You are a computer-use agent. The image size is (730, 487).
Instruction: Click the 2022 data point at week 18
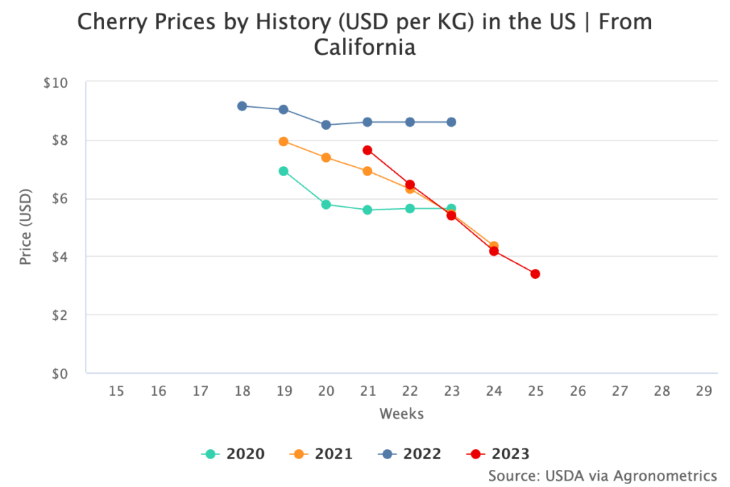[x=242, y=106]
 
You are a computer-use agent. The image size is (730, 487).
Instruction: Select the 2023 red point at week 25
[x=535, y=274]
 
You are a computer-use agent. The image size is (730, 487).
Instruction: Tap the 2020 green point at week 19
[x=284, y=171]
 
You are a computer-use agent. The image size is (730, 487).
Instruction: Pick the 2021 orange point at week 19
[x=284, y=142]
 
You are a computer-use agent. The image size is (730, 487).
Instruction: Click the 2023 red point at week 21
[x=367, y=150]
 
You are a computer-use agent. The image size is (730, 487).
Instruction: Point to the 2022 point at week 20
[x=326, y=125]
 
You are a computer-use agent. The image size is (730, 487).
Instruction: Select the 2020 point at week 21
[x=367, y=210]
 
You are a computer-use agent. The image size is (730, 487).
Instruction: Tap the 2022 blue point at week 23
[x=451, y=122]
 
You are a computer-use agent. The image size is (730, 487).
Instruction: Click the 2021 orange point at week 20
[x=326, y=158]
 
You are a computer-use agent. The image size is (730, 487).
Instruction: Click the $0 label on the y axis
[x=59, y=373]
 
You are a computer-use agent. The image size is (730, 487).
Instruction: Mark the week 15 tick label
[x=116, y=391]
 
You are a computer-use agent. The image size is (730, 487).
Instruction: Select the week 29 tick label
[x=704, y=391]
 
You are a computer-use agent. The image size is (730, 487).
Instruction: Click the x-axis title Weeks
[x=401, y=414]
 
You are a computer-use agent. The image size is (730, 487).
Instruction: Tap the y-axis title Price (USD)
[x=26, y=227]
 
